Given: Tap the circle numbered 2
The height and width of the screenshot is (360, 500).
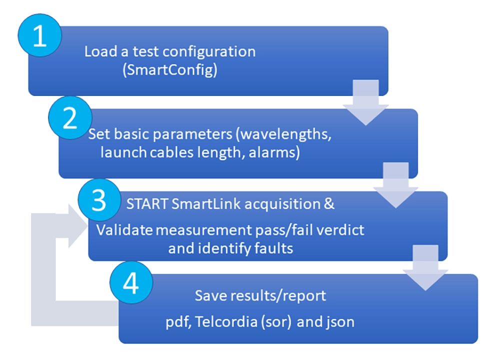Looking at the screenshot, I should click(69, 120).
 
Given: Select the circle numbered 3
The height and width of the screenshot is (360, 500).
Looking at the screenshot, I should click(100, 201).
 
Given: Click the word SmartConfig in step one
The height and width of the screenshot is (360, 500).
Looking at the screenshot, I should click(170, 70).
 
